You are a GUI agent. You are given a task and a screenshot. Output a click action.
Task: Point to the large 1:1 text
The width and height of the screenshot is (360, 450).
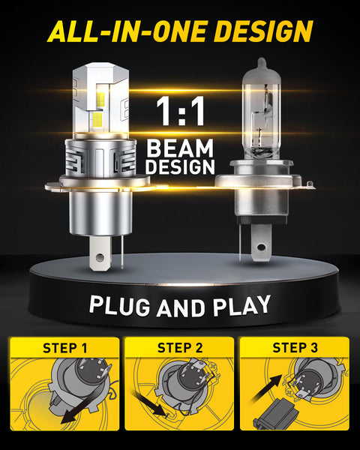180,110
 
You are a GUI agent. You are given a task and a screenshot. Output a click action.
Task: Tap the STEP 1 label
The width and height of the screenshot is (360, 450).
64,347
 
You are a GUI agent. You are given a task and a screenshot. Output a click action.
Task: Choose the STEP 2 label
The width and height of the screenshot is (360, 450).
180,347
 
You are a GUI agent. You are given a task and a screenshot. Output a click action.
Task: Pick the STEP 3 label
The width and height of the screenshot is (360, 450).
295,347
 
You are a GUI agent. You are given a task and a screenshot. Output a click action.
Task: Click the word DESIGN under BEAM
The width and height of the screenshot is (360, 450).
180,166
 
